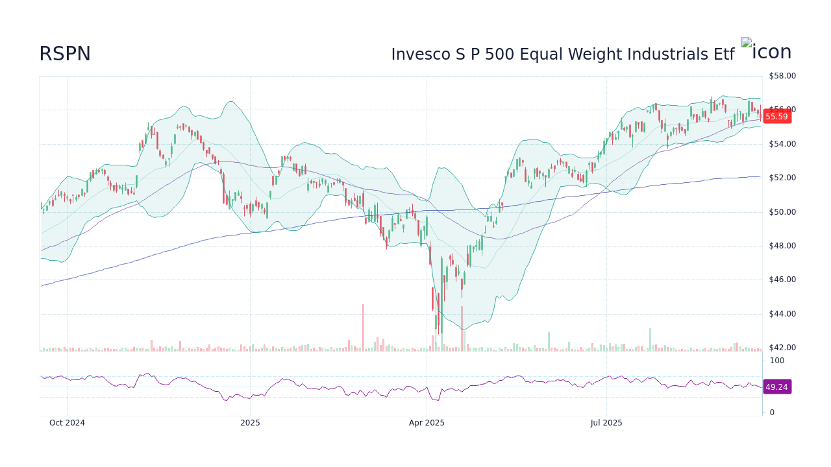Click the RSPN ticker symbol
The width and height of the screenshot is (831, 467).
65,54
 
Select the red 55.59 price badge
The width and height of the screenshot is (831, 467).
776,117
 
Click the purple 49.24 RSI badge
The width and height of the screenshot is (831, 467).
776,387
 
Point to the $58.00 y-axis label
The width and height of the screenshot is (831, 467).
782,76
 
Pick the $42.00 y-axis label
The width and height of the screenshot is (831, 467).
782,348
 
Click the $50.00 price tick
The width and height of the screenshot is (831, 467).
782,212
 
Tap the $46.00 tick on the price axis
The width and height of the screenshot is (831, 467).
782,280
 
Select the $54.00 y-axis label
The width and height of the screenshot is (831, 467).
782,144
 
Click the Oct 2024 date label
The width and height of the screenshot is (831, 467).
67,423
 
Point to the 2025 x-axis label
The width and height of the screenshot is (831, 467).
250,423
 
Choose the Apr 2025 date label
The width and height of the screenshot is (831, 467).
427,423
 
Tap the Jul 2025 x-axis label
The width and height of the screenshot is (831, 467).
606,423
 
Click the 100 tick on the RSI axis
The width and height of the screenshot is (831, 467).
777,361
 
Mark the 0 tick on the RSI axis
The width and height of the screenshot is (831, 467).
772,413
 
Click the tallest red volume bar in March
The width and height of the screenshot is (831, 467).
363,328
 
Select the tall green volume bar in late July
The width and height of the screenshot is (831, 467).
650,339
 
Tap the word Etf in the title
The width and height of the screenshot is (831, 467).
724,54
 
